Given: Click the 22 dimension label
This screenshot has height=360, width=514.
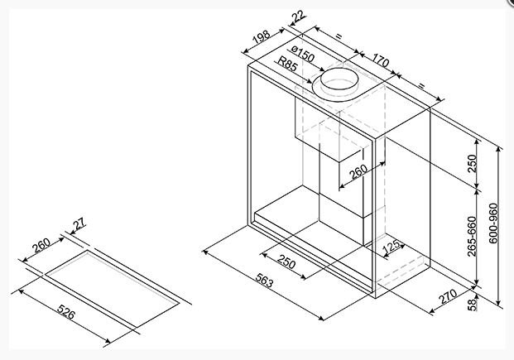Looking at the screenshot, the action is click(299, 17).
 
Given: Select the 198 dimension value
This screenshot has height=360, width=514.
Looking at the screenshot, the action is click(262, 37).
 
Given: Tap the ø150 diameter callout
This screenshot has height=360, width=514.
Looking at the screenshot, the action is click(303, 55).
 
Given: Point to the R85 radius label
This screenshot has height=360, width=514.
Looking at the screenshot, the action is click(287, 64).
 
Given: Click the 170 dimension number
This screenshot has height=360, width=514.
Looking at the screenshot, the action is click(381, 60).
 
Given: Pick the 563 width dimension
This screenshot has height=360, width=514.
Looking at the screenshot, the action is click(264, 281).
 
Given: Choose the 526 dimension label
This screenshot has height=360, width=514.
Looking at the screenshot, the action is click(66, 312).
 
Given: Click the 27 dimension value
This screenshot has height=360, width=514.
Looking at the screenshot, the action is click(79, 224).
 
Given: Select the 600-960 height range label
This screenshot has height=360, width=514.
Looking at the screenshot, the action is click(493, 223).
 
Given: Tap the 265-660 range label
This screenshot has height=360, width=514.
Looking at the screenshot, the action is click(472, 236).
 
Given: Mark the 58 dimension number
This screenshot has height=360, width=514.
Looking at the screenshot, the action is click(472, 305).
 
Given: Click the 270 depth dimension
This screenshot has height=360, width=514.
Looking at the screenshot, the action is click(448, 296).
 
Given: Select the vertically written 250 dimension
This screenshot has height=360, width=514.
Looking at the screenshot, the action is click(472, 164).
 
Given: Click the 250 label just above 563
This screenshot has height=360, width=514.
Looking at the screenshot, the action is click(286, 262).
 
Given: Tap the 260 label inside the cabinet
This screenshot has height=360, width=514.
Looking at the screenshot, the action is click(358, 172).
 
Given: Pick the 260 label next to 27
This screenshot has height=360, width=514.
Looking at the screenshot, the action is click(41, 246).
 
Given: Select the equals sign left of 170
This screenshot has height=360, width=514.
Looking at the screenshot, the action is click(339, 36).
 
